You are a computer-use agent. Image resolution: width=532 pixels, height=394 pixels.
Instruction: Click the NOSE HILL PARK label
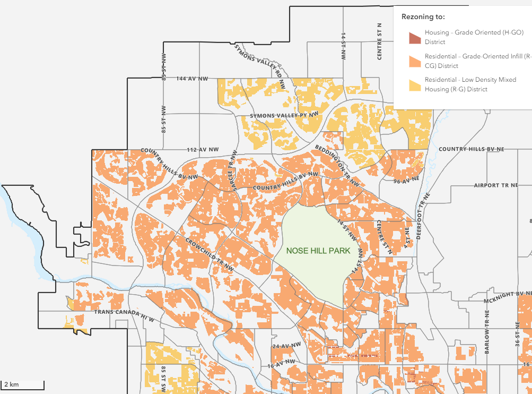coord(318,251)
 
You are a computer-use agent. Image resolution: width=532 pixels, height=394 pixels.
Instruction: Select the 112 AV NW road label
coord(203,150)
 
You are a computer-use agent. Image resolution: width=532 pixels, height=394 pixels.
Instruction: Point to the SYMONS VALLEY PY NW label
coord(284,115)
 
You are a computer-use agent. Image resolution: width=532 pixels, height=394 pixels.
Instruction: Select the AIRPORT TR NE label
coord(495,185)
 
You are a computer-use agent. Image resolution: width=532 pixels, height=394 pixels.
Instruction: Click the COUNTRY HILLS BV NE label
coord(471,150)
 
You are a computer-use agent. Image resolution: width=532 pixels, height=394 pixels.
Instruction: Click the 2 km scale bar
coord(22,384)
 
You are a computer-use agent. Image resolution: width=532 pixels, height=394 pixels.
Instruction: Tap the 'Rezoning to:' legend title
coord(423,16)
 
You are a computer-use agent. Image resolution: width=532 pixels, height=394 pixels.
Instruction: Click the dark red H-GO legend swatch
coord(414,37)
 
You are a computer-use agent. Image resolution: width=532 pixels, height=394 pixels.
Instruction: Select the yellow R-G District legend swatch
coord(414,84)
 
